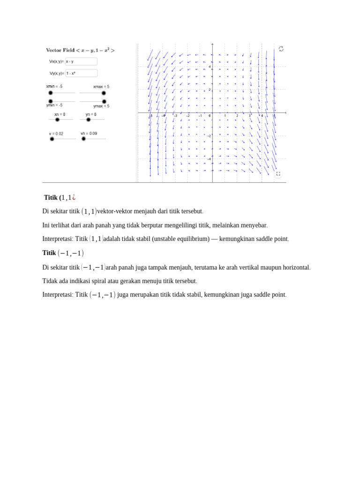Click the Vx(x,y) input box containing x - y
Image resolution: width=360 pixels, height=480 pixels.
point(81,61)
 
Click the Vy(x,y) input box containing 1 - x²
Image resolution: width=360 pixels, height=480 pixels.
point(81,73)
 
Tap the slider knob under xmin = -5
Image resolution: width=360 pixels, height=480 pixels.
point(51,93)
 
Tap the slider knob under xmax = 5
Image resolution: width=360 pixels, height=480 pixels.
point(104,93)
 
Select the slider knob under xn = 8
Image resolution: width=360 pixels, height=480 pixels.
point(57,120)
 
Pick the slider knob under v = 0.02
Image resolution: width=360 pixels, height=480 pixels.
point(52,139)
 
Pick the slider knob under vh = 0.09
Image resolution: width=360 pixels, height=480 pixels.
point(83,139)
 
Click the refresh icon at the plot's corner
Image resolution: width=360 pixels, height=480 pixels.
point(281,49)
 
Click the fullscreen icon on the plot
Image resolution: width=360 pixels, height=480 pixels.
point(278,173)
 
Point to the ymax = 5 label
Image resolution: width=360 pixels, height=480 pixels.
point(101,106)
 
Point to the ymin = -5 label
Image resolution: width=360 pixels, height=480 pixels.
point(54,105)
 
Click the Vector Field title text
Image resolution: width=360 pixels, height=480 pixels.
point(80,50)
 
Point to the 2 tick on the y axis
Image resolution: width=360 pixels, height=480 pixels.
point(210,90)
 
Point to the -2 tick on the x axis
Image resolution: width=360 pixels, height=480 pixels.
point(187,116)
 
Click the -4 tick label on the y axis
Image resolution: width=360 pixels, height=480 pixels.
point(209,159)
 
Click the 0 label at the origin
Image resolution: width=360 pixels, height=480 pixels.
point(210,116)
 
